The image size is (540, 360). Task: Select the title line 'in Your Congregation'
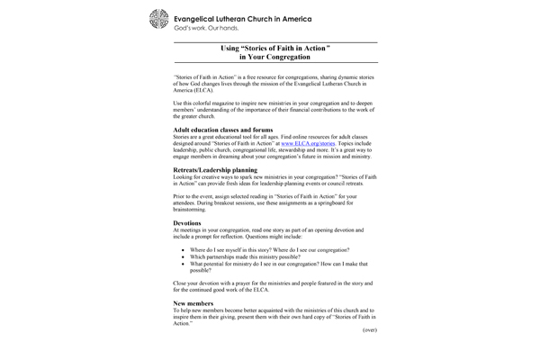(x=274, y=57)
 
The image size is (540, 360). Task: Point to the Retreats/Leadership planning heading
(x=215, y=169)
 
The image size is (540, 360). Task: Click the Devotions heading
(x=187, y=220)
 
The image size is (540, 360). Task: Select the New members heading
(x=193, y=303)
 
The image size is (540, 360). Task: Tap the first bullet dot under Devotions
(x=184, y=249)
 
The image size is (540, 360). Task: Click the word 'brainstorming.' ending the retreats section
(x=191, y=209)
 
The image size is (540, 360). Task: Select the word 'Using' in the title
(x=230, y=47)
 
